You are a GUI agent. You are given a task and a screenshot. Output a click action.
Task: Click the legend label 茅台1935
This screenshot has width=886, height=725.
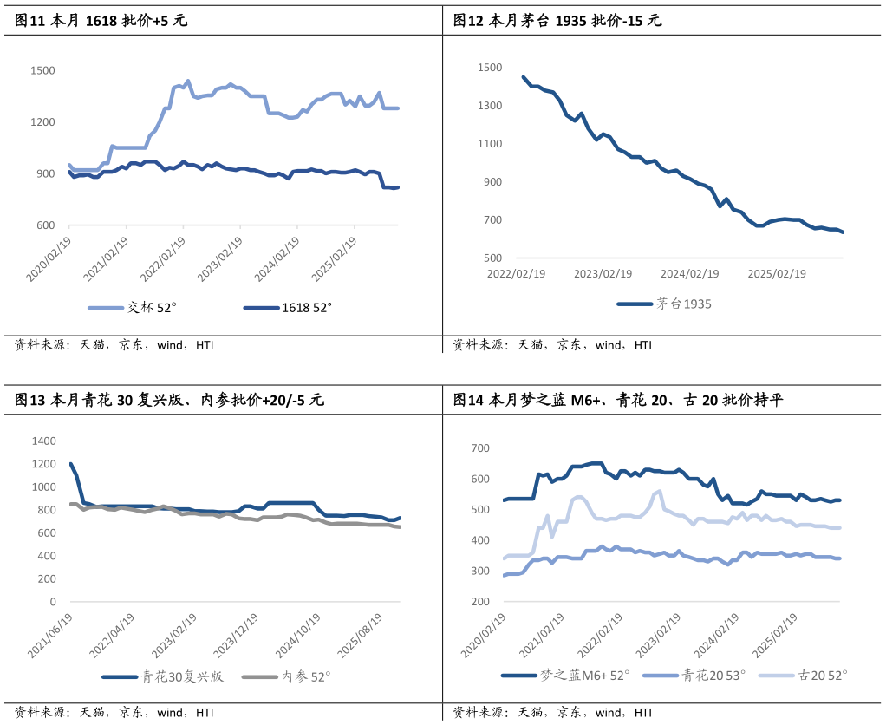pyautogui.click(x=685, y=304)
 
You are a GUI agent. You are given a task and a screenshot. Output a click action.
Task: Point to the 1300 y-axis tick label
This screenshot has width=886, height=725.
pyautogui.click(x=490, y=106)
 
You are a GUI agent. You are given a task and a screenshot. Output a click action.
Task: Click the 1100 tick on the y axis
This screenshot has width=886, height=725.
pyautogui.click(x=490, y=144)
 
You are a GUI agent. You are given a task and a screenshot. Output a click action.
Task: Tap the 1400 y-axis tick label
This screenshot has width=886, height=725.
pyautogui.click(x=44, y=441)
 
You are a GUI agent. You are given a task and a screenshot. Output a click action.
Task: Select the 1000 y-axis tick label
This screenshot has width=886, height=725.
pyautogui.click(x=44, y=487)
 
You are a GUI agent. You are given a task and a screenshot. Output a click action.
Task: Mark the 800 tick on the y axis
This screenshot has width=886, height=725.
pyautogui.click(x=48, y=510)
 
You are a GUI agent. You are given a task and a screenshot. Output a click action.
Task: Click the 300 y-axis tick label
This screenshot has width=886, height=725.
pyautogui.click(x=482, y=572)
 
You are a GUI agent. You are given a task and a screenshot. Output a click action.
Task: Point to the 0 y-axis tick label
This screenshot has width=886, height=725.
pyautogui.click(x=54, y=602)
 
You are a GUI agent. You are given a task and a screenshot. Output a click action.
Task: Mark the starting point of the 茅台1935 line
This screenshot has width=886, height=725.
pyautogui.click(x=522, y=76)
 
